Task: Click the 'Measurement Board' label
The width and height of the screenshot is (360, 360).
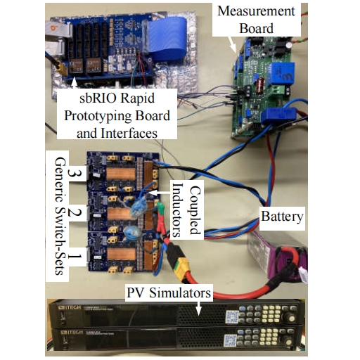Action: [256, 20]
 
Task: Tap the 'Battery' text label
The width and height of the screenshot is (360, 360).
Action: [282, 216]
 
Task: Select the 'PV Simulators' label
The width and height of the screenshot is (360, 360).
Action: [169, 292]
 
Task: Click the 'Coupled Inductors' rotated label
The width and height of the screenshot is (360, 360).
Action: [186, 210]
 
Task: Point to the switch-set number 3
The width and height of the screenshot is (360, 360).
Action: [75, 173]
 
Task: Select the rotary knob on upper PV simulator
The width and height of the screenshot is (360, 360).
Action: [290, 318]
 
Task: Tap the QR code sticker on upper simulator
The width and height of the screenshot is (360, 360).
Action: [232, 316]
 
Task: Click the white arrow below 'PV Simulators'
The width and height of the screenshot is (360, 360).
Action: [198, 307]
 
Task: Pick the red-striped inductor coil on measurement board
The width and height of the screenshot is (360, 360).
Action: [259, 85]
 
